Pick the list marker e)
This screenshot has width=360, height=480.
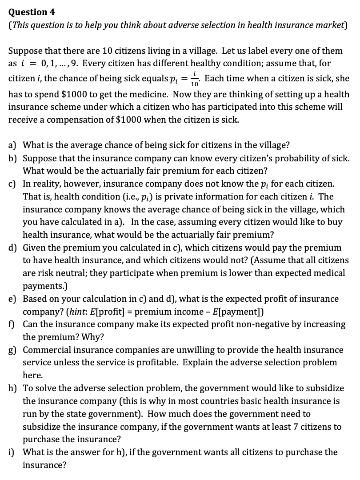tap(13, 299)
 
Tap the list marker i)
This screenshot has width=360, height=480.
tap(12, 452)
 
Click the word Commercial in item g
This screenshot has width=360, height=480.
tap(46, 350)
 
